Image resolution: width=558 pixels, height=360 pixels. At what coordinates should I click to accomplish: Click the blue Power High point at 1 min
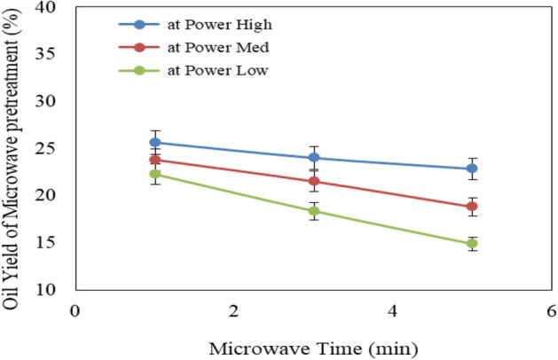[x=154, y=142]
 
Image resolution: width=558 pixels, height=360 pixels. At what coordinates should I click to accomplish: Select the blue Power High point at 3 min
[x=313, y=158]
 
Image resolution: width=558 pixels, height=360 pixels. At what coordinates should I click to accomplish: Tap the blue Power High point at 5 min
[x=472, y=168]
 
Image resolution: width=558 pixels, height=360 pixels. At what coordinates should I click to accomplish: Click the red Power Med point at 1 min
[x=154, y=160]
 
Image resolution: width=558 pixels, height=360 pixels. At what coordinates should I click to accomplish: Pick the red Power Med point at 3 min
[x=313, y=182]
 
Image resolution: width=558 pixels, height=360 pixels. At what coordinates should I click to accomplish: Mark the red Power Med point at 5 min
[x=472, y=207]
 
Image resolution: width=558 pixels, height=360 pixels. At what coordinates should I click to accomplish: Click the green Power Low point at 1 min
[x=154, y=174]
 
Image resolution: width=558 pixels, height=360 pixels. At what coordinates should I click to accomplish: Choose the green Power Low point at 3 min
[x=313, y=211]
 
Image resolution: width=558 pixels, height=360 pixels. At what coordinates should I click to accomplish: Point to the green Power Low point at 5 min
[x=472, y=243]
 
